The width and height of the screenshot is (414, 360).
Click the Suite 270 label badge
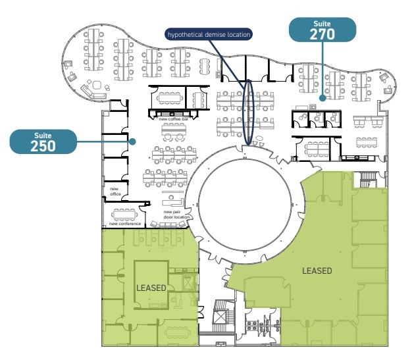(x=323, y=30)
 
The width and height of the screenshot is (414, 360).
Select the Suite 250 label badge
(x=43, y=141)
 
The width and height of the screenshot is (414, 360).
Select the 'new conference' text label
(x=125, y=224)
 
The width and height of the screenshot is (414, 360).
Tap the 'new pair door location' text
(x=176, y=215)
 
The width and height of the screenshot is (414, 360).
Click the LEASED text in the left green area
(x=151, y=288)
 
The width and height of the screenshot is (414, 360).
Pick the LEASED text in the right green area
(x=317, y=270)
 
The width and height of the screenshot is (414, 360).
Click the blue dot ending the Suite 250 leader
(x=132, y=141)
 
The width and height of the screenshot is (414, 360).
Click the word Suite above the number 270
(x=323, y=24)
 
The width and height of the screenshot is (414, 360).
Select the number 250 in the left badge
(x=43, y=145)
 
